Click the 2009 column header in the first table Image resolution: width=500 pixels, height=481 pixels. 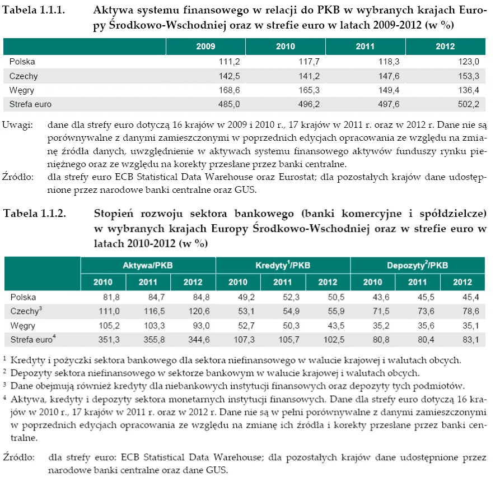pos(205,47)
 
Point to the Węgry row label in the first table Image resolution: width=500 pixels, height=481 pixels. pos(22,90)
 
